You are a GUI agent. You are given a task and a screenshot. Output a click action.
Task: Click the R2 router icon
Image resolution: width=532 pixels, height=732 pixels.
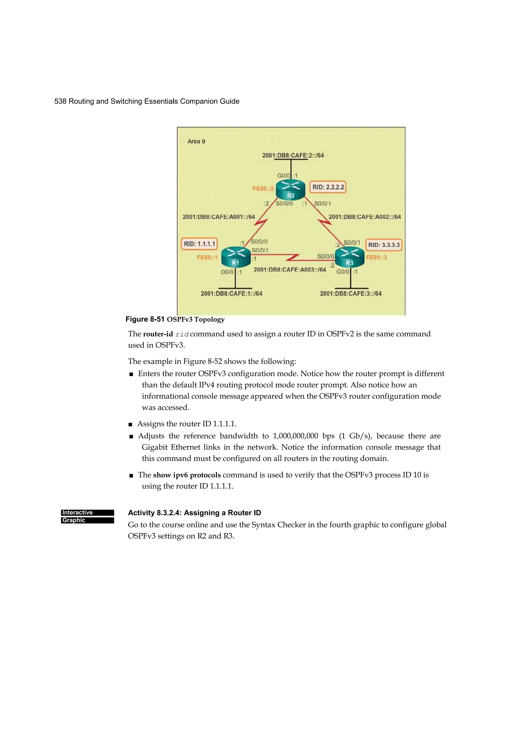click(x=290, y=190)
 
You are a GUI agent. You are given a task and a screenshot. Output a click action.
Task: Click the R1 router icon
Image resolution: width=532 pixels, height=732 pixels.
click(x=236, y=257)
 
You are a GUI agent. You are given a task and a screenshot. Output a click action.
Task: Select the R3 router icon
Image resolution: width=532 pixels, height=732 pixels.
click(x=350, y=257)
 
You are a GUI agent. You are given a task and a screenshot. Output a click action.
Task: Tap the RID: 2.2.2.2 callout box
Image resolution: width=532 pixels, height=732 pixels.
click(x=328, y=187)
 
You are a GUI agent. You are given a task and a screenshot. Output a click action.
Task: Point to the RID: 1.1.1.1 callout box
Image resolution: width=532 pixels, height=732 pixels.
click(x=199, y=244)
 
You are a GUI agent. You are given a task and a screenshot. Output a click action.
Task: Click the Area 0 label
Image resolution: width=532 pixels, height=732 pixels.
click(x=196, y=141)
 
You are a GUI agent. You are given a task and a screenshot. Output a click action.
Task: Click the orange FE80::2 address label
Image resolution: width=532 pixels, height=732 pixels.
click(x=263, y=189)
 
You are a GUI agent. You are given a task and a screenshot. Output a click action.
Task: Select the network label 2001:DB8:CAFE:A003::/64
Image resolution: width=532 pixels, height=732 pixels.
click(x=290, y=269)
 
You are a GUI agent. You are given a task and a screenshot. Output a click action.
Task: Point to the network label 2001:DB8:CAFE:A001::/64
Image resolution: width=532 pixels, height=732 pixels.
click(x=218, y=217)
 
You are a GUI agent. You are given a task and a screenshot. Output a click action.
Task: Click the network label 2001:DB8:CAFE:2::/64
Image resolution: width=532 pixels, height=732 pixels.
click(x=293, y=155)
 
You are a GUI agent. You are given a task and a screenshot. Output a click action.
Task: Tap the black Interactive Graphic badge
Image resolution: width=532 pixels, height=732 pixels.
click(x=87, y=516)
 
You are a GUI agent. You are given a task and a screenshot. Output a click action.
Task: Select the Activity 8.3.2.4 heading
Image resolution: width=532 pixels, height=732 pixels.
click(x=194, y=513)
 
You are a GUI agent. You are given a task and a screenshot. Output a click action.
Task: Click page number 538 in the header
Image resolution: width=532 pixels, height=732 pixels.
click(x=60, y=101)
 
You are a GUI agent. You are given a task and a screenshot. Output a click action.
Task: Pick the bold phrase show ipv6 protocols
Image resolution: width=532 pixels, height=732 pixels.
click(x=187, y=475)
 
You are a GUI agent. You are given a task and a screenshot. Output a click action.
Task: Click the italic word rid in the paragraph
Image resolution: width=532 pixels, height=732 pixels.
click(x=182, y=334)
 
